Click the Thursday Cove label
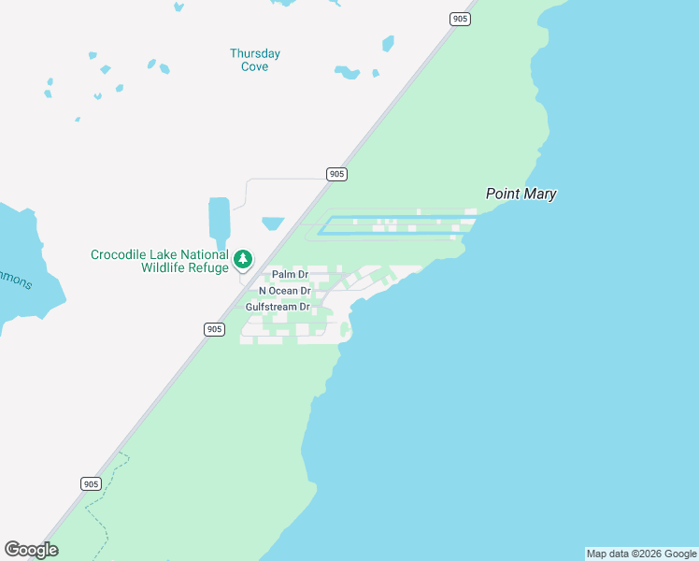click(x=255, y=60)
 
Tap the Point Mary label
click(x=521, y=194)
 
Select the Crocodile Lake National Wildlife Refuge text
click(x=159, y=261)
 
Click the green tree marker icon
click(x=243, y=259)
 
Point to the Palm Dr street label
click(x=290, y=275)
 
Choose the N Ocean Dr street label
click(x=284, y=291)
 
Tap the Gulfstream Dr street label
click(x=277, y=307)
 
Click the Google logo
click(x=32, y=550)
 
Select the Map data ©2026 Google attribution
click(x=641, y=554)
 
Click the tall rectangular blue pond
click(x=219, y=218)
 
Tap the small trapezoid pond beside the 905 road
click(x=273, y=223)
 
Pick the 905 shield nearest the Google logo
click(x=90, y=483)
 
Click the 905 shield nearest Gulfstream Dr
click(x=214, y=329)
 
